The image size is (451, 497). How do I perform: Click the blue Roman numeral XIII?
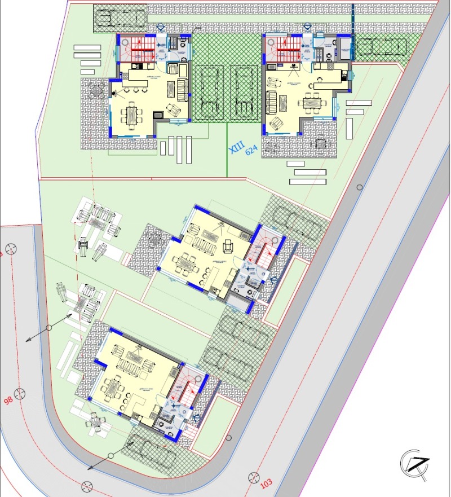pyautogui.click(x=236, y=148)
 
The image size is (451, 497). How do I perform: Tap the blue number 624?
pyautogui.click(x=251, y=149)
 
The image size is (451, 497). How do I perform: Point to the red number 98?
pyautogui.click(x=8, y=401)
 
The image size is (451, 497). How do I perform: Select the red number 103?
pyautogui.click(x=267, y=483)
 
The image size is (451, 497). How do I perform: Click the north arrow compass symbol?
pyautogui.click(x=415, y=464)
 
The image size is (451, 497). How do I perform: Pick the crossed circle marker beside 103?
pyautogui.click(x=251, y=477)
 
